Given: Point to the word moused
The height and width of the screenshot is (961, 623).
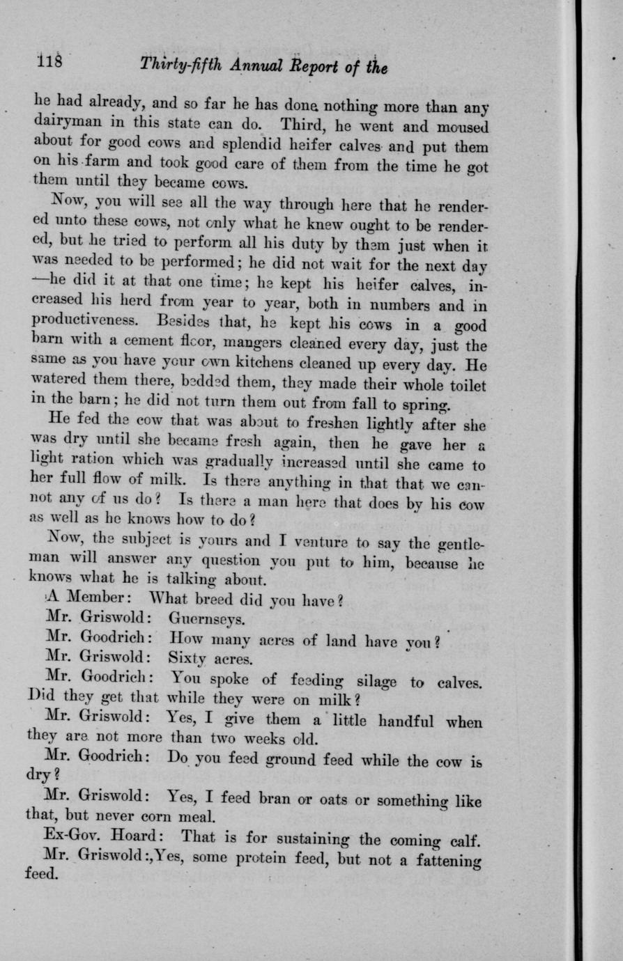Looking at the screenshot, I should (459, 127).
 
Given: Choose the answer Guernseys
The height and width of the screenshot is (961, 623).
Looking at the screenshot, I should (206, 619).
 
